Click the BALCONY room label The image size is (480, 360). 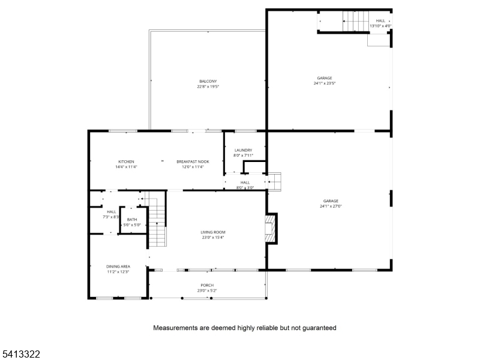[208, 82]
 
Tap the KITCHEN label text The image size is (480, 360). [126, 162]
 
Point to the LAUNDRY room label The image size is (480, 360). [243, 150]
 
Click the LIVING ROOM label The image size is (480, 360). [212, 232]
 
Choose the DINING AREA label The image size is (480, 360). [101, 266]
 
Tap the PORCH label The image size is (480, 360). [207, 285]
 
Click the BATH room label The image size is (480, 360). [132, 220]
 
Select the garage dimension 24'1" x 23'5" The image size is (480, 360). [324, 83]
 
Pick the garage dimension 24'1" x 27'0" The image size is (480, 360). [331, 206]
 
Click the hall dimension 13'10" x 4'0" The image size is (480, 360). [380, 26]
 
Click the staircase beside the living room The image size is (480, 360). [157, 225]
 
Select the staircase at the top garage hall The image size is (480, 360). [355, 22]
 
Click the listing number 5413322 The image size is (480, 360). [21, 354]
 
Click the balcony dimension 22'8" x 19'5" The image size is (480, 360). [208, 87]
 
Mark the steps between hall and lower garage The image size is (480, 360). [274, 182]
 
